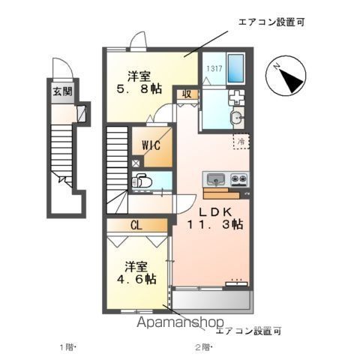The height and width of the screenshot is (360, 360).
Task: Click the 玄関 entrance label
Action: pyautogui.click(x=62, y=92)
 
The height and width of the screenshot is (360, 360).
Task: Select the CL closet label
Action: pyautogui.click(x=136, y=224)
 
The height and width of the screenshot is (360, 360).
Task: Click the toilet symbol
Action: pyautogui.click(x=142, y=181)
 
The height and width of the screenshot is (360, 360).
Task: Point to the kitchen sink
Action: pyautogui.click(x=215, y=179)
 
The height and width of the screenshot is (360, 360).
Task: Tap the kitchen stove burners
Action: pyautogui.click(x=239, y=179)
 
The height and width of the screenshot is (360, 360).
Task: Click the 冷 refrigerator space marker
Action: pyautogui.click(x=241, y=140)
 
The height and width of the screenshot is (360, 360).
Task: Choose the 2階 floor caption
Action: pyautogui.click(x=203, y=347)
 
